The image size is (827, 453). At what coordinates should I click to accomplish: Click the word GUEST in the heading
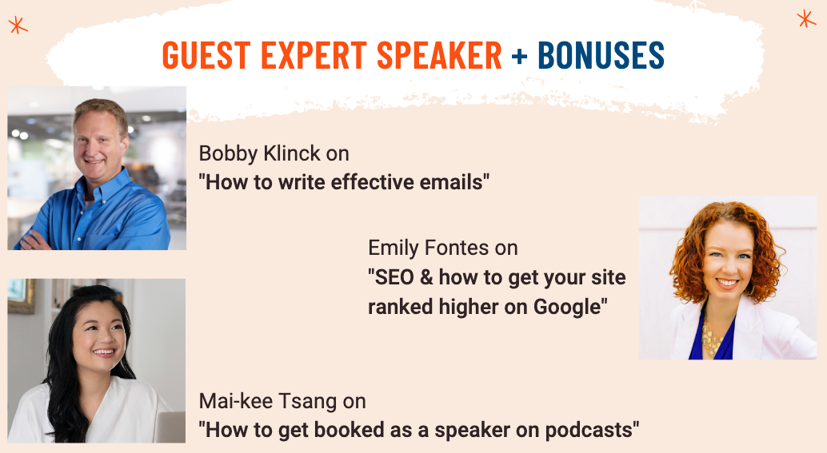pos(206,55)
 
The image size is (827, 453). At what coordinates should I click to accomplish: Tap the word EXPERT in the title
pos(314,55)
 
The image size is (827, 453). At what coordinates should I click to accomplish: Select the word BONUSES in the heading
pos(601,55)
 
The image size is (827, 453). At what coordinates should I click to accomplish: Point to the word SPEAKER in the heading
pos(439,55)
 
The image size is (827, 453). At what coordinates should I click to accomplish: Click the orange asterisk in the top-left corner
pos(18,25)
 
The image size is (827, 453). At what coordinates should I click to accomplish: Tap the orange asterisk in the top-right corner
pos(806,18)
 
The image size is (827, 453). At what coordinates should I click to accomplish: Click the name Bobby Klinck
pos(259,153)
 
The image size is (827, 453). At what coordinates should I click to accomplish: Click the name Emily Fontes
pos(428,248)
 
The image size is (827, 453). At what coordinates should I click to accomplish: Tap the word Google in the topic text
pos(567,307)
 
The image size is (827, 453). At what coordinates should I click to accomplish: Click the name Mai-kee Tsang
pos(268,401)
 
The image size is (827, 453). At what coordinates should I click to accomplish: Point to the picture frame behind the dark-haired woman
pos(21,296)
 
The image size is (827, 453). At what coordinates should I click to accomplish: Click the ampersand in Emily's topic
pos(426,277)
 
